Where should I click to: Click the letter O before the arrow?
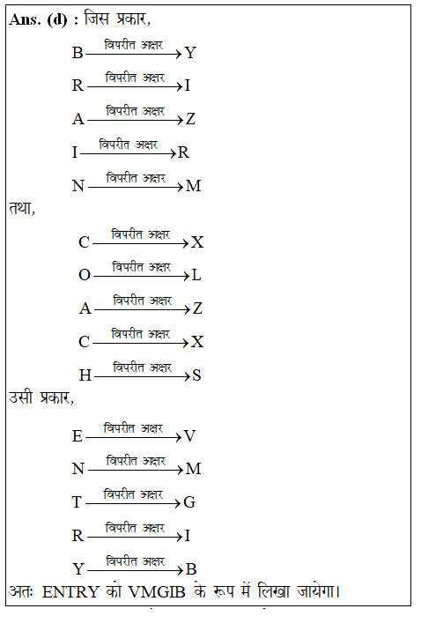click(85, 275)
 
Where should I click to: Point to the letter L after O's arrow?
click(196, 275)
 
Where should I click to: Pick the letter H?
click(85, 375)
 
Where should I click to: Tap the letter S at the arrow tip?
click(197, 375)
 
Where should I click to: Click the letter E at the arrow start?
click(78, 436)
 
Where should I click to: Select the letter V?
click(190, 436)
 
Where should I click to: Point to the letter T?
click(78, 503)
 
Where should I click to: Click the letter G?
click(189, 503)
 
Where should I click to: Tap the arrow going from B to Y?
click(134, 54)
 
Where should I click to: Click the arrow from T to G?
click(133, 503)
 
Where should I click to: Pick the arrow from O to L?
click(141, 275)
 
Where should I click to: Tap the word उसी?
click(21, 399)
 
